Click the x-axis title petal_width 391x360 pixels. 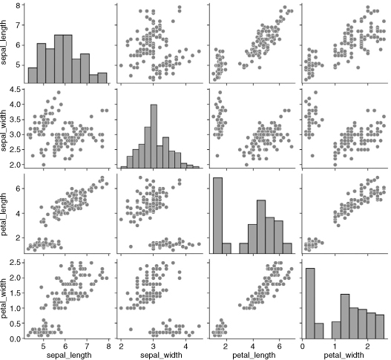coord(344,355)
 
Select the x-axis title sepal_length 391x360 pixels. coord(69,355)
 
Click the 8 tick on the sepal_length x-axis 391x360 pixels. coord(108,347)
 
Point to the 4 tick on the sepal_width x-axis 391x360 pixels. coord(185,347)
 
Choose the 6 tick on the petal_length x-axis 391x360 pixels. coord(279,347)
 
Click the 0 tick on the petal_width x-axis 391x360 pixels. coord(302,347)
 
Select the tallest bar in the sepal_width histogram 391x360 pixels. coord(154,137)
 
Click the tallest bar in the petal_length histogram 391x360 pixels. coord(217,215)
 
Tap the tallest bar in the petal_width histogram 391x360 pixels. coord(310,304)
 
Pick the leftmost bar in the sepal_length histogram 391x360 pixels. coord(33,75)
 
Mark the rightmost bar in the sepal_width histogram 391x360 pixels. coord(196,168)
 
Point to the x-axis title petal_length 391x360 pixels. coord(254,355)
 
